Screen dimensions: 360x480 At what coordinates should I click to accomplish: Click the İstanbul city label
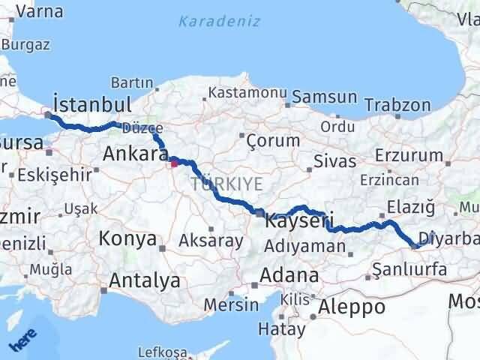[93, 104]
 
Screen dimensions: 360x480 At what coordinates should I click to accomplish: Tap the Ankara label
[135, 154]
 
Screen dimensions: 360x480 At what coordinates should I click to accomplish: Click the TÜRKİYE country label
[226, 184]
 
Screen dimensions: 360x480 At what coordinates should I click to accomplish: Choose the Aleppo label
[352, 307]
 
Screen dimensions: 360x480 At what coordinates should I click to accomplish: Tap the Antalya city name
[145, 281]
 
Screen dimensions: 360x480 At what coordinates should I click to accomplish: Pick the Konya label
[127, 240]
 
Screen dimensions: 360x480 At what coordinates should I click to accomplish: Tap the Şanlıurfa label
[415, 270]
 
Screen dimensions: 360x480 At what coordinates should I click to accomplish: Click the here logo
[22, 340]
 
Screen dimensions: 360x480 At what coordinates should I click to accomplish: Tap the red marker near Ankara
[174, 161]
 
